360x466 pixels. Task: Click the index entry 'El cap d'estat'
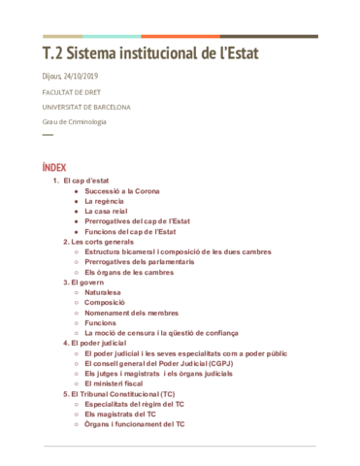(x=84, y=181)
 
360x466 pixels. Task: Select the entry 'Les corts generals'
(x=102, y=242)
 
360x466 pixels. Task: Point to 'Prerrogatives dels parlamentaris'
(x=139, y=261)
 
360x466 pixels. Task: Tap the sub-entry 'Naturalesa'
(x=105, y=292)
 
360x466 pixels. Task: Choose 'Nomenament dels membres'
(x=131, y=313)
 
